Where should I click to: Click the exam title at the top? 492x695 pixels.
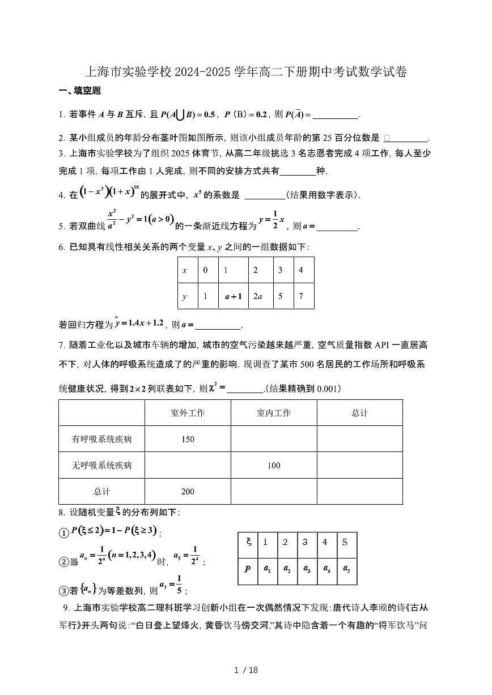pyautogui.click(x=245, y=72)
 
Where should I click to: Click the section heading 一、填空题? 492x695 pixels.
pyautogui.click(x=80, y=91)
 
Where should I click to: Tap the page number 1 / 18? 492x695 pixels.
pyautogui.click(x=246, y=670)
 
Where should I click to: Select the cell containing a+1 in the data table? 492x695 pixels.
pyautogui.click(x=234, y=296)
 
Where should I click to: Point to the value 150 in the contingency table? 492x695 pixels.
pyautogui.click(x=188, y=439)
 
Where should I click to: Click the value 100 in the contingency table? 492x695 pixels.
pyautogui.click(x=274, y=465)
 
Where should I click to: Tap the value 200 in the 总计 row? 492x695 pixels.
pyautogui.click(x=188, y=491)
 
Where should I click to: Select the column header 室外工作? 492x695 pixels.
pyautogui.click(x=188, y=413)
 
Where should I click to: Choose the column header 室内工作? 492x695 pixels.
pyautogui.click(x=274, y=413)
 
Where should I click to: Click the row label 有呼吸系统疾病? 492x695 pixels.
pyautogui.click(x=101, y=439)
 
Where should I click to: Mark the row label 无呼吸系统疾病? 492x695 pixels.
pyautogui.click(x=101, y=465)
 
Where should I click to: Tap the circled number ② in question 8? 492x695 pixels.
pyautogui.click(x=64, y=562)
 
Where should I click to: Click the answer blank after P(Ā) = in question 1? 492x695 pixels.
pyautogui.click(x=336, y=115)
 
